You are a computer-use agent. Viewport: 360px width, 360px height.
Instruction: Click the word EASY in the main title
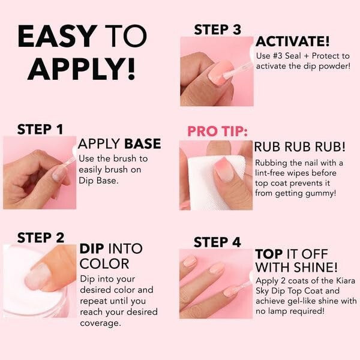pyautogui.click(x=58, y=37)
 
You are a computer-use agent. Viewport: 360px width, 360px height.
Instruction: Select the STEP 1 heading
pyautogui.click(x=40, y=129)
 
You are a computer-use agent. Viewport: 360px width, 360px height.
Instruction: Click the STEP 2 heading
pyautogui.click(x=41, y=237)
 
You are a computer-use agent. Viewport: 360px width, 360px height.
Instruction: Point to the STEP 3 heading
pyautogui.click(x=217, y=29)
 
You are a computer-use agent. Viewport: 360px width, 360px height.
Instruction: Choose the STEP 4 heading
pyautogui.click(x=217, y=242)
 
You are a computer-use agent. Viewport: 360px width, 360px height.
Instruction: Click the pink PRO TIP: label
pyautogui.click(x=217, y=131)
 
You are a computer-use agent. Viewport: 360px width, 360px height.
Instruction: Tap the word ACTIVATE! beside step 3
pyautogui.click(x=292, y=42)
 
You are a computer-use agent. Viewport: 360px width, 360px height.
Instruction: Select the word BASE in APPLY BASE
pyautogui.click(x=142, y=144)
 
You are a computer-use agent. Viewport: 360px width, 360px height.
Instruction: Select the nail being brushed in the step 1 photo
pyautogui.click(x=59, y=173)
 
